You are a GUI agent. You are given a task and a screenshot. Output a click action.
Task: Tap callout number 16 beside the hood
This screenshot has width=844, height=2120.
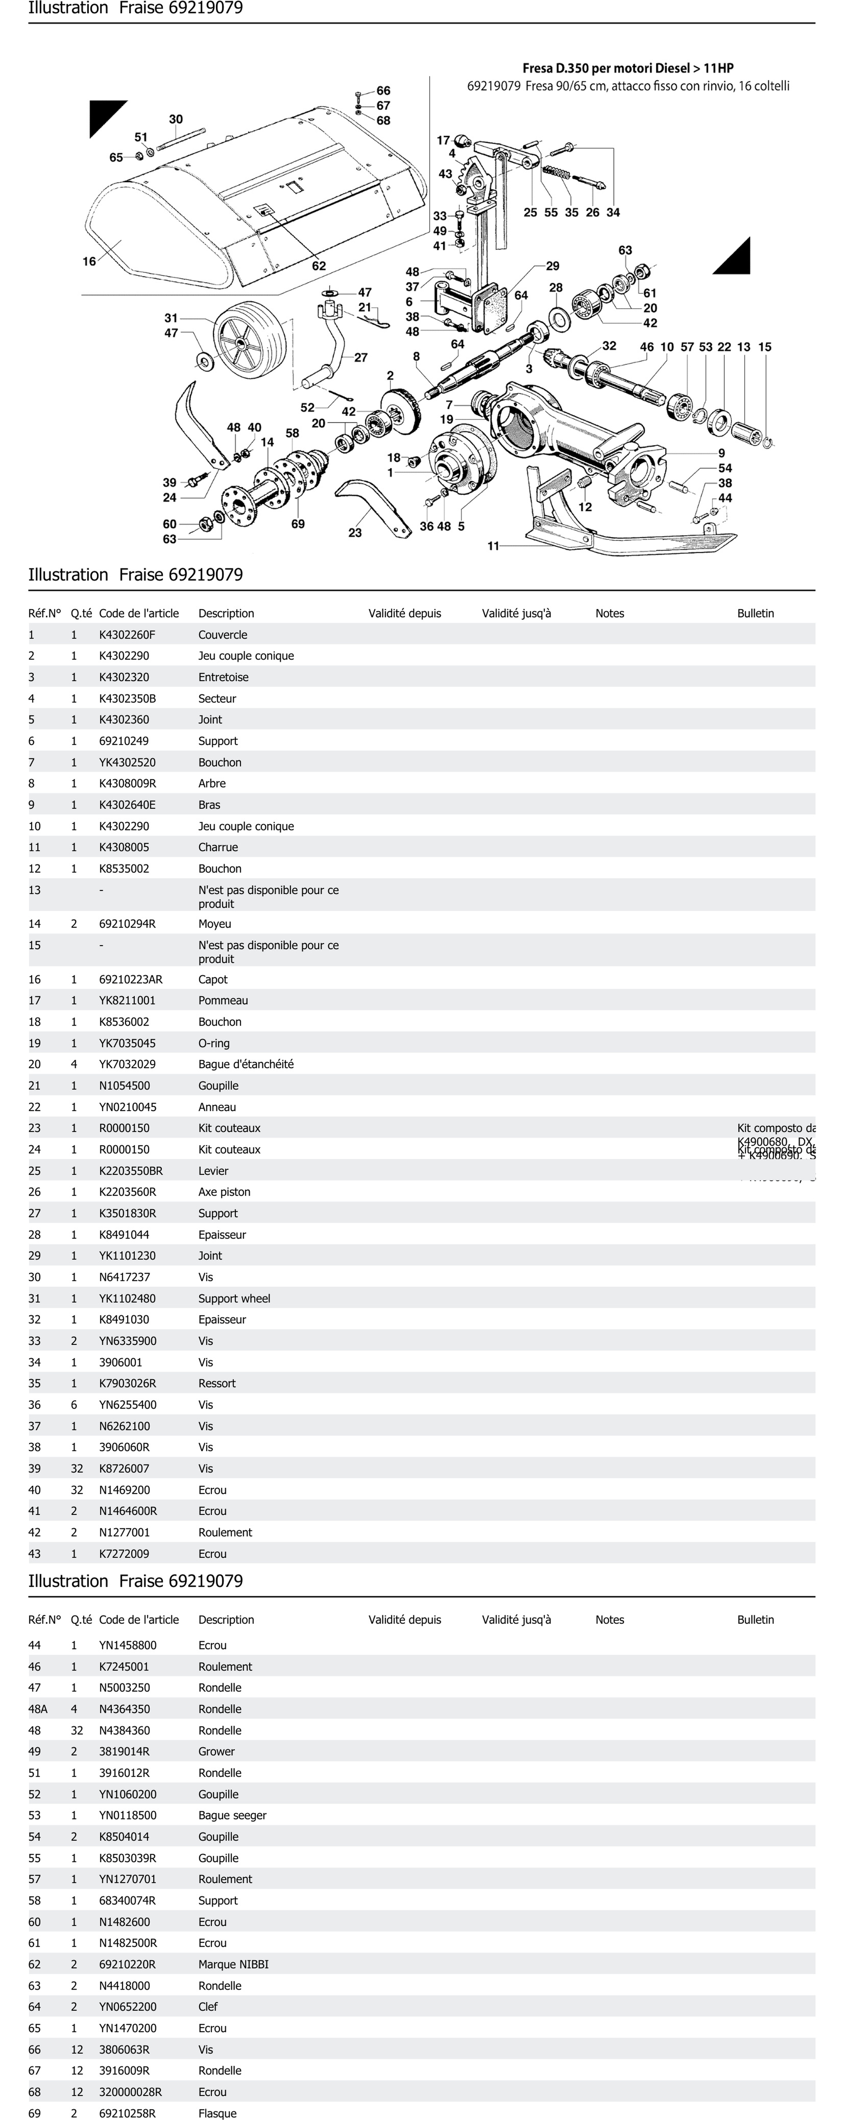(x=89, y=262)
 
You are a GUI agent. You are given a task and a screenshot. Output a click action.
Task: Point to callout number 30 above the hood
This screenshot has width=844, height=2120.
(x=176, y=119)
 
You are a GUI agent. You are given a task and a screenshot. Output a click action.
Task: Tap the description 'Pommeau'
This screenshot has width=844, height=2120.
(x=223, y=1001)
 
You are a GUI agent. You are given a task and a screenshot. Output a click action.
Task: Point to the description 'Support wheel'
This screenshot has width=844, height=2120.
(x=234, y=1299)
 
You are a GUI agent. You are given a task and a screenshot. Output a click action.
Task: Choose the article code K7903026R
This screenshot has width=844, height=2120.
(x=127, y=1383)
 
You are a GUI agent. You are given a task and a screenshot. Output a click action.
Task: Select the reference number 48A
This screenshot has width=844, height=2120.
(x=38, y=1709)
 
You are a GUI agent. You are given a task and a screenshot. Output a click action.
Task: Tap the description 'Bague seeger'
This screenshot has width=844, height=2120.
(x=232, y=1815)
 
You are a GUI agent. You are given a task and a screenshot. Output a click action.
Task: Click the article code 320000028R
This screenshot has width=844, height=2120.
(x=130, y=2092)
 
